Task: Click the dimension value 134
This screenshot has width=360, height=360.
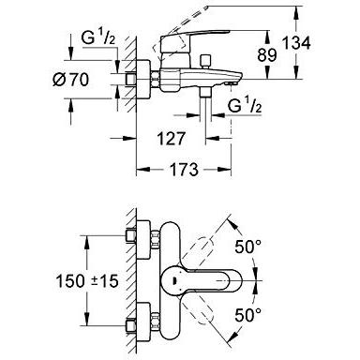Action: (x=296, y=43)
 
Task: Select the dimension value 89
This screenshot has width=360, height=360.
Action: (x=267, y=55)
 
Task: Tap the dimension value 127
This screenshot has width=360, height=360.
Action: (x=172, y=139)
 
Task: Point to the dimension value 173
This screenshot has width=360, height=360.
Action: (x=184, y=170)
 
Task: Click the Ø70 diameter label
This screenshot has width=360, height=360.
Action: (x=70, y=80)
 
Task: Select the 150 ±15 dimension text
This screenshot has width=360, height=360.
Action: (x=87, y=281)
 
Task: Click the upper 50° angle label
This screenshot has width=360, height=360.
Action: (x=247, y=247)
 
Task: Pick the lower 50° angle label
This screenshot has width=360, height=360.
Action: (x=247, y=315)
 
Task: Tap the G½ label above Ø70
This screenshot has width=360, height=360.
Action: (x=98, y=38)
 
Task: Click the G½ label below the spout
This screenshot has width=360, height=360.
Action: (x=245, y=106)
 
